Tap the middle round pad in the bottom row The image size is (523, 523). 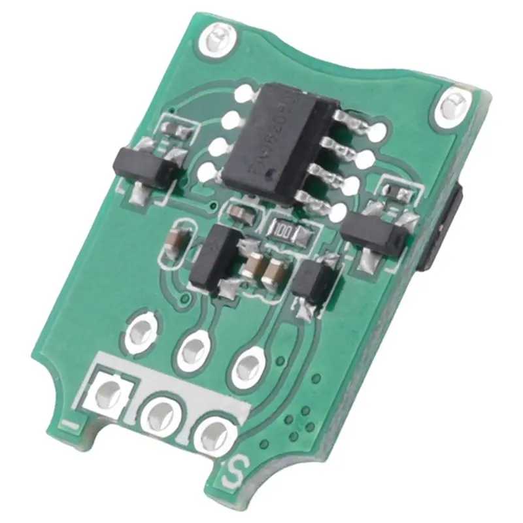(161, 413)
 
